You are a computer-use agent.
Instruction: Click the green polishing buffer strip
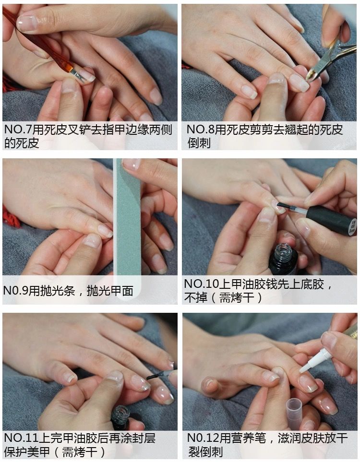tap(127, 216)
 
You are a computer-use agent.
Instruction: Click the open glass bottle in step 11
tap(120, 416)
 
